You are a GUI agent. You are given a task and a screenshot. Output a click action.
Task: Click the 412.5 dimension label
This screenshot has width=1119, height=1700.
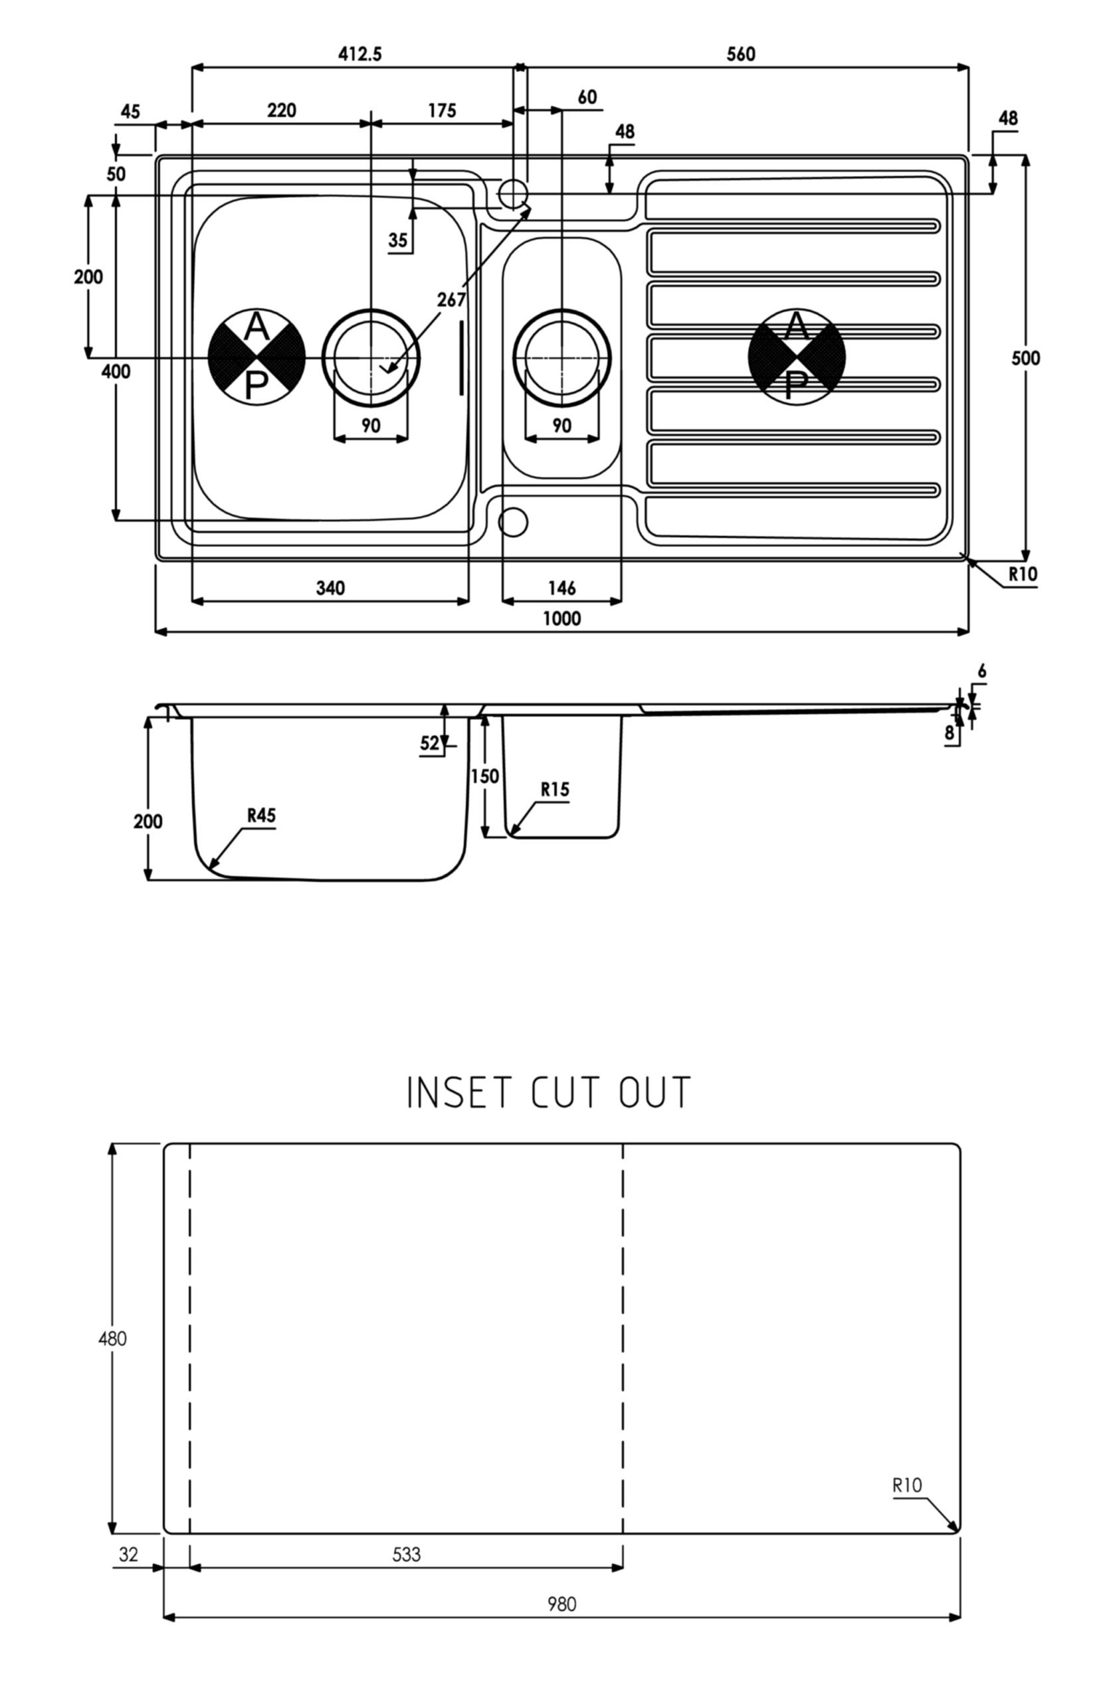coord(359,54)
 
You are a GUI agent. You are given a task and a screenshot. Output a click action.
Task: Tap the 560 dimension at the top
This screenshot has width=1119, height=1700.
coord(741,54)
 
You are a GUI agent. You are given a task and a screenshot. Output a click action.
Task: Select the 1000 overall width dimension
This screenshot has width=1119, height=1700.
coord(561,618)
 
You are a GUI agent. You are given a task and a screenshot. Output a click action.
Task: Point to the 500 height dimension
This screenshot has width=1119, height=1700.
coord(1025,358)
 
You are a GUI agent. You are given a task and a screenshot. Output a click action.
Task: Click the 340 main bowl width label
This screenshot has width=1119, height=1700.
coord(330,588)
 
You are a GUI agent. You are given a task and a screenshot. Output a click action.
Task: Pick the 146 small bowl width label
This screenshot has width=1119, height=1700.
coord(561,588)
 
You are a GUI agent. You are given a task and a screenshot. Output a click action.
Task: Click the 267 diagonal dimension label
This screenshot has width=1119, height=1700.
coord(452,300)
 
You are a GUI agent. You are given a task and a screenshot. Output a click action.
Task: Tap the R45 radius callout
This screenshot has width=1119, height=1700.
coord(262,815)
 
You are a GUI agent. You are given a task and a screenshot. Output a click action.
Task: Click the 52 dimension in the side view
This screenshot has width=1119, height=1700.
coord(429,744)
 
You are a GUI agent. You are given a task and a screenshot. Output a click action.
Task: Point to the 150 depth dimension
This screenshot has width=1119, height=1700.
coord(485,776)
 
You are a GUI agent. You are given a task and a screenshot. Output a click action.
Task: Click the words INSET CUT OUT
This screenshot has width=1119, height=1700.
coord(549,1092)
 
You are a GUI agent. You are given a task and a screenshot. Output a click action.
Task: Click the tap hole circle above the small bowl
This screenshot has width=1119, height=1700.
coord(512,193)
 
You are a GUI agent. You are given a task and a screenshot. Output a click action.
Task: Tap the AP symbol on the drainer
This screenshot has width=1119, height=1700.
coord(796,357)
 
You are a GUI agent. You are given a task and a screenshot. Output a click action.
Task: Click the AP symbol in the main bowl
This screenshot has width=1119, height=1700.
coord(256,357)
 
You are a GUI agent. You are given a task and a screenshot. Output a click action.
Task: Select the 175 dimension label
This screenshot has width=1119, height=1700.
coord(442,111)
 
